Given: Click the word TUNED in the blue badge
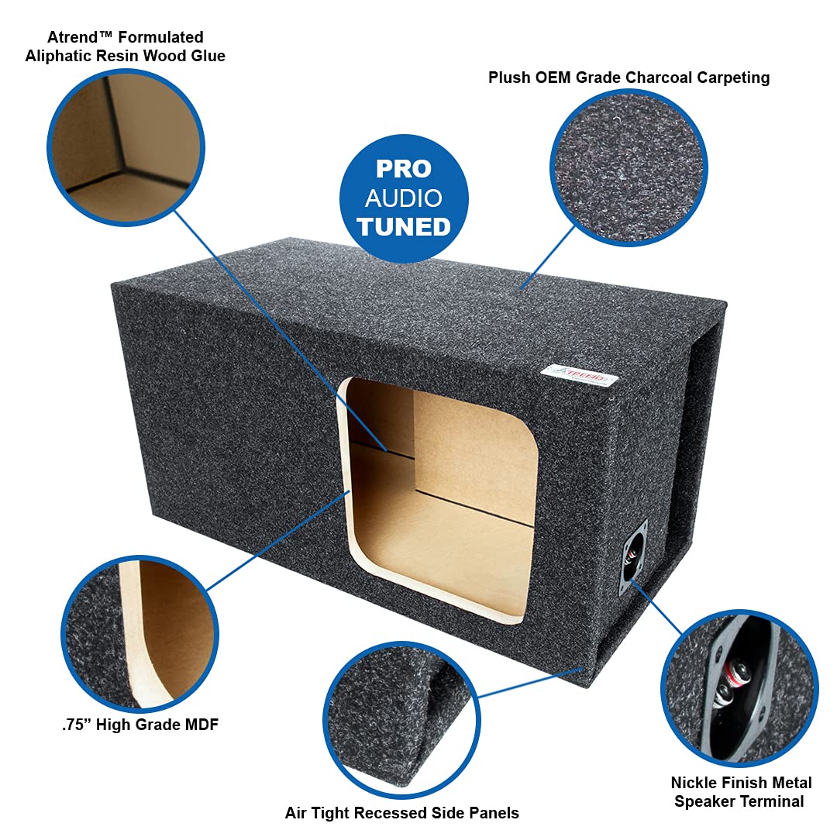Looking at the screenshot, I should point(404,226).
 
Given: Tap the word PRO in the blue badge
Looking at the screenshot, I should point(404,169).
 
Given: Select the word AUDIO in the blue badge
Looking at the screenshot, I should point(404,198).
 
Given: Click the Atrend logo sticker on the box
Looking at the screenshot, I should point(580,375).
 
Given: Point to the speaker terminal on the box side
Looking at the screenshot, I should point(632,557).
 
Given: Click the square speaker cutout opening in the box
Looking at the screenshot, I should point(442,496).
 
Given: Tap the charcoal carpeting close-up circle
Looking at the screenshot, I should point(629,167).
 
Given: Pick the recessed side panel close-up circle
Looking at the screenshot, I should point(401,719).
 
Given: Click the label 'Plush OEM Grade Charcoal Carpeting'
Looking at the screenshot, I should point(629,77).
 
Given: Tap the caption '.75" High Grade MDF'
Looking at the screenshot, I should point(140,725).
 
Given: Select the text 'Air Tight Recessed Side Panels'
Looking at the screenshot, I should point(401,813).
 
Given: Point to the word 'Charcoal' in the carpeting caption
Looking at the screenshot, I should point(661,77).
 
